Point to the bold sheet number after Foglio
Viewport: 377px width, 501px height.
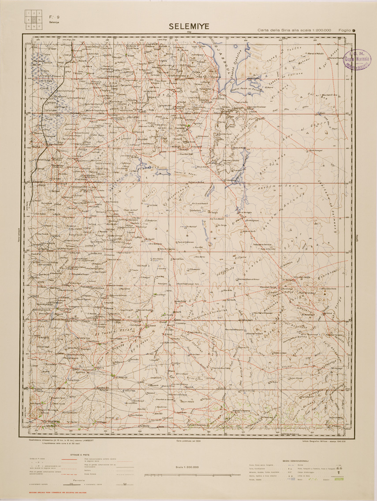point(354,30)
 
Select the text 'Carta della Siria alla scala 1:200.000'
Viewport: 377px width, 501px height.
point(295,30)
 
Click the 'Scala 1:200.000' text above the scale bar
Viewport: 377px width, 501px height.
point(187,467)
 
